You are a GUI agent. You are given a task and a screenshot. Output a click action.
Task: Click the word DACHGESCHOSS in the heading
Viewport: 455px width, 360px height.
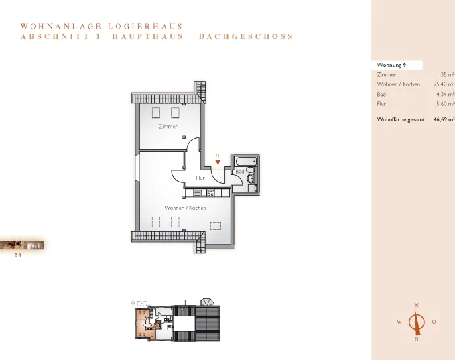[x=246, y=36]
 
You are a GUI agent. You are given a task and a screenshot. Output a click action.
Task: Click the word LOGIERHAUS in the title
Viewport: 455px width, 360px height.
[x=145, y=26]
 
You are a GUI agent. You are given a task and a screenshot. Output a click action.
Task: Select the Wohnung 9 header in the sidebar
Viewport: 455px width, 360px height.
[x=391, y=65]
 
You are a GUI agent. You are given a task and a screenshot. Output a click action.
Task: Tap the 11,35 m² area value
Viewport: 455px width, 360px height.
[x=444, y=74]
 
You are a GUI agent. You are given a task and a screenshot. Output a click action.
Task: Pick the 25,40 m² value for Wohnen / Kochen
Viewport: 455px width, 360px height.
[x=444, y=84]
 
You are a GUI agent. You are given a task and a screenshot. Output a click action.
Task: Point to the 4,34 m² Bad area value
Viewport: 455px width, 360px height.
[x=445, y=94]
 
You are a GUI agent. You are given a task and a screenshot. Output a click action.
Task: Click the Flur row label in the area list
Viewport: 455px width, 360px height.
[x=381, y=104]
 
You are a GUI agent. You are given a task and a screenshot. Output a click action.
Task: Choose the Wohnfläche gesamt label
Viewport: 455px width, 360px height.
[x=401, y=119]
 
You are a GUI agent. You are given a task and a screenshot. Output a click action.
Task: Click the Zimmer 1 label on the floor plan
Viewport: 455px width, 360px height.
[x=170, y=126]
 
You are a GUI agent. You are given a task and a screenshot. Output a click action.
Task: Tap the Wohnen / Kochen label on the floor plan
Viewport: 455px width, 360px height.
[x=185, y=208]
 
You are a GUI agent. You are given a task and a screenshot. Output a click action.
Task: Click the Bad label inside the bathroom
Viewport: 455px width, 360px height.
[x=240, y=172]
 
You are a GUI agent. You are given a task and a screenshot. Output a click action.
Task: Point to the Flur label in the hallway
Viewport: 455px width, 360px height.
[x=200, y=178]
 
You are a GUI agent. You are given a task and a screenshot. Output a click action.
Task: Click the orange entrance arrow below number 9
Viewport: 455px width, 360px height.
[x=218, y=162]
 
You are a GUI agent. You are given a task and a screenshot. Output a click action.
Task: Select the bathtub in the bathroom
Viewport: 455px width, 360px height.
[x=246, y=161]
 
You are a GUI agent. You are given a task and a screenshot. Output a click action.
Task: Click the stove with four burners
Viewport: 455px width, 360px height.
[x=210, y=193]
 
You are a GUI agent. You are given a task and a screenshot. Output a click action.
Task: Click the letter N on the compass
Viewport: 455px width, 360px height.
[x=417, y=306]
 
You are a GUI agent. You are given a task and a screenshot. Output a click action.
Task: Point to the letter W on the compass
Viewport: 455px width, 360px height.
[x=399, y=322]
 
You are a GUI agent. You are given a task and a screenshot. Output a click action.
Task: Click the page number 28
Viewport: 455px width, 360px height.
[x=18, y=255]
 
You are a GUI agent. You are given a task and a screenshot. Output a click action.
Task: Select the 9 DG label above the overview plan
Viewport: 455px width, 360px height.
[x=139, y=304]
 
